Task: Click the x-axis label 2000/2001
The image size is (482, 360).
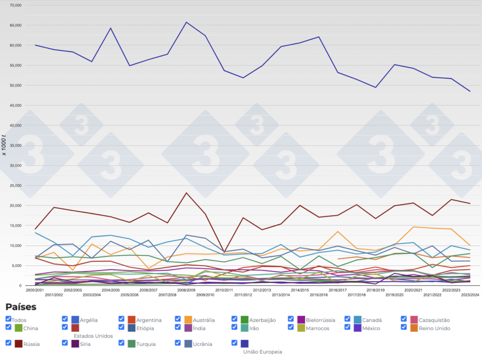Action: coord(35,290)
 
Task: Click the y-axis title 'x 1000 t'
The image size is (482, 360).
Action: coord(4,145)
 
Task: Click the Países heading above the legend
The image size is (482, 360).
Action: coord(21,307)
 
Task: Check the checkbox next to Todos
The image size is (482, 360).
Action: coord(8,319)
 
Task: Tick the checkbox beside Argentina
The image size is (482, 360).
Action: coord(122,319)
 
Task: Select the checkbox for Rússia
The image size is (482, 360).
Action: coord(8,342)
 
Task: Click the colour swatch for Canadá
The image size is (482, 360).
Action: coord(358,320)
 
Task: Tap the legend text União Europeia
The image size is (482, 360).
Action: coord(262,352)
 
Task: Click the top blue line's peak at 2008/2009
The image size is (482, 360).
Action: coord(186,22)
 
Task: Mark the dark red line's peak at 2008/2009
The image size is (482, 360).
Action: coord(186,193)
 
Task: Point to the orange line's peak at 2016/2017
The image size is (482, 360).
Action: coord(337,232)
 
